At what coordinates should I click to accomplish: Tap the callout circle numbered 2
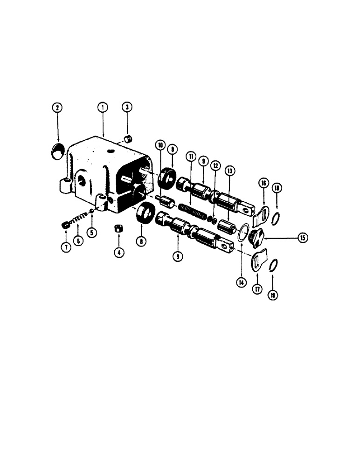[57, 108]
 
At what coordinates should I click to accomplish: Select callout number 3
[127, 108]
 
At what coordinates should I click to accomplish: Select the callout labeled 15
[302, 238]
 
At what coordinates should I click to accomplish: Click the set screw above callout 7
[66, 226]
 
